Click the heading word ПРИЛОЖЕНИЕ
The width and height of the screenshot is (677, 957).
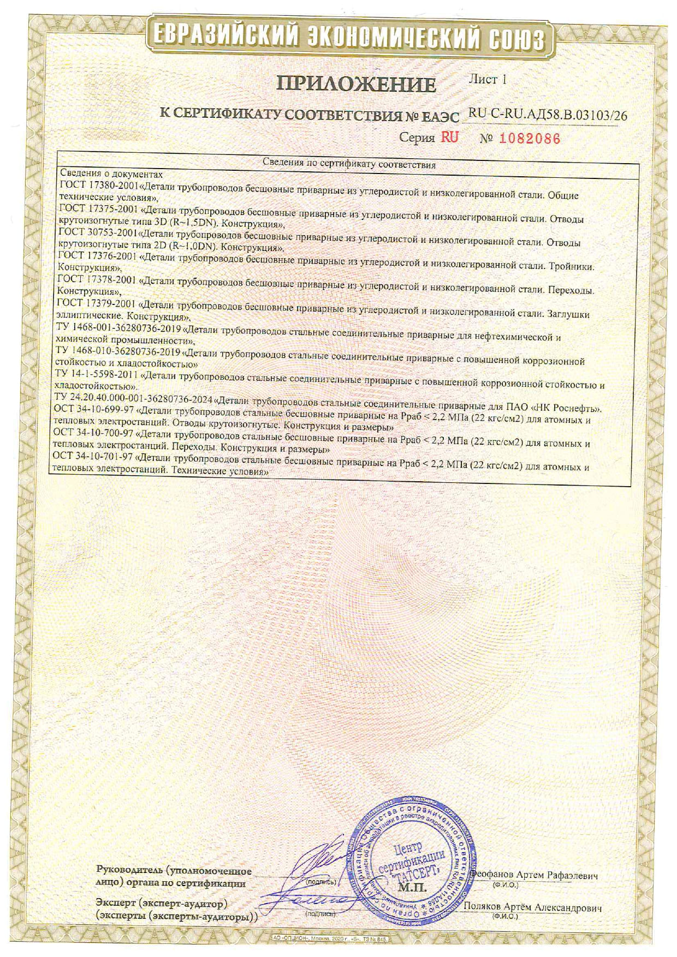[357, 84]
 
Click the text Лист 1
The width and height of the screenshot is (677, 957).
[488, 80]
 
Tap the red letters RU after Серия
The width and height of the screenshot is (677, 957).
[450, 137]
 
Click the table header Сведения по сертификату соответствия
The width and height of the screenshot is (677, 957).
[349, 163]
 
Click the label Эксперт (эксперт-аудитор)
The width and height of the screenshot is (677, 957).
[161, 904]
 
